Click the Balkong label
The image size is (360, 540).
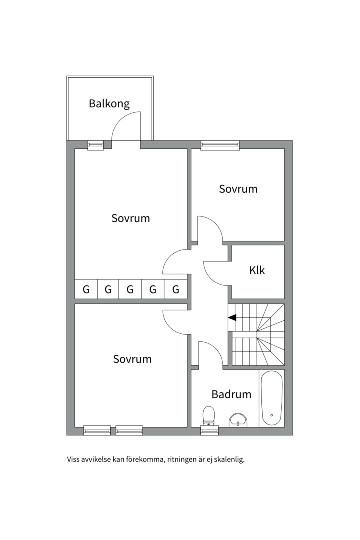(109, 104)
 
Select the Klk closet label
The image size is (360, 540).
(257, 270)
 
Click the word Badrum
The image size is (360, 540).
(231, 394)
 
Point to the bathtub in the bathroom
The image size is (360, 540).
(271, 398)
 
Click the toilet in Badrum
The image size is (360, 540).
(209, 415)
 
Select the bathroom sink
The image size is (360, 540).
(238, 421)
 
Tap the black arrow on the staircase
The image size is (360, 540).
(232, 317)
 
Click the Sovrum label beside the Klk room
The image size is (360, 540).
(238, 189)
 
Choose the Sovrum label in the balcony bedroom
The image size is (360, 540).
(131, 218)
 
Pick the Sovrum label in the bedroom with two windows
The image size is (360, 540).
(132, 359)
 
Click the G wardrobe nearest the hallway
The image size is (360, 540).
(175, 289)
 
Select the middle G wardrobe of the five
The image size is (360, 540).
(130, 289)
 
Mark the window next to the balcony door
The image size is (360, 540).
(95, 145)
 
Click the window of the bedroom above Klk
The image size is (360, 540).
(220, 145)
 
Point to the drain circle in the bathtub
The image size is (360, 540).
(271, 415)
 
